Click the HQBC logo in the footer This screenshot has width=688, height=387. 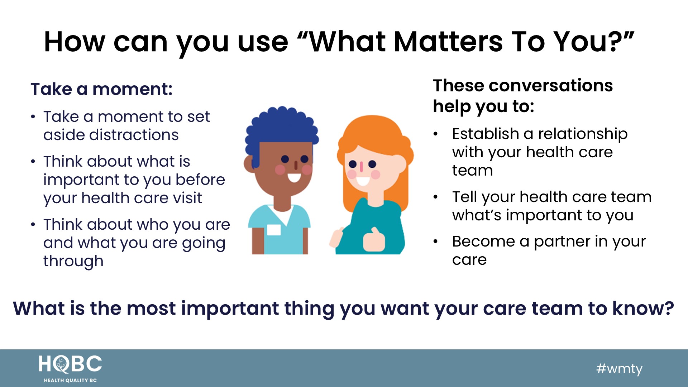[70, 368]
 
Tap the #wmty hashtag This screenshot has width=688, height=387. [619, 369]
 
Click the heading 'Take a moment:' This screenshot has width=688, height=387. [101, 89]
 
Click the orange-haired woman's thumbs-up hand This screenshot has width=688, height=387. [374, 239]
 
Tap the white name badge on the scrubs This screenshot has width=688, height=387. [274, 230]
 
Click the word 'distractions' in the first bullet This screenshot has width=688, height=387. [134, 135]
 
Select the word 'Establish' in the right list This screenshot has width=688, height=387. [486, 134]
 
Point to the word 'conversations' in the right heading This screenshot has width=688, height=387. [550, 86]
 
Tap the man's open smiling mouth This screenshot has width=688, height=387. [294, 177]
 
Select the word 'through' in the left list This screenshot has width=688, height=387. [73, 262]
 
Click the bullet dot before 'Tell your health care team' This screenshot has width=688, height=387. [435, 197]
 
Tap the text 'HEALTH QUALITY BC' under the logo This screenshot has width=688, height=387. [70, 380]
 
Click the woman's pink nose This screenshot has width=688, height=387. [362, 166]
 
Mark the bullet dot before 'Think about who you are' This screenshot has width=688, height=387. [33, 225]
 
